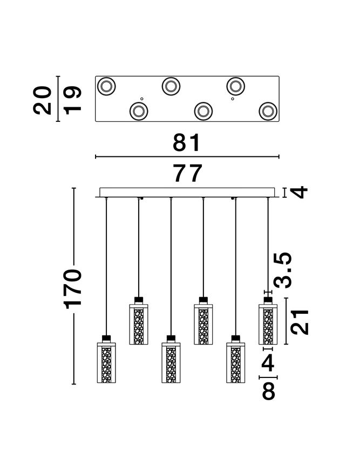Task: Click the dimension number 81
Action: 187,143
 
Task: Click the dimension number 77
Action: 187,174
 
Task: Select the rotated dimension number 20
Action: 43,99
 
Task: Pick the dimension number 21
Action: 298,322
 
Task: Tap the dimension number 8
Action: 268,391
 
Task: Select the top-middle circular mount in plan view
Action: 171,86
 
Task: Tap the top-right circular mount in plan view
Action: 235,86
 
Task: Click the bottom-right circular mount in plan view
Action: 267,111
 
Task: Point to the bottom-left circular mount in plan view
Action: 139,111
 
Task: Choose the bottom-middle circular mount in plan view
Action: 203,111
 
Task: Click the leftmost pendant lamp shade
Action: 106,362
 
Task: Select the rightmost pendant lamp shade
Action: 267,325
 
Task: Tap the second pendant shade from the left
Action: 139,325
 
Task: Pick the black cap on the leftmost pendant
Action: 106,338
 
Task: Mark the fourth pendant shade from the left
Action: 203,325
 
